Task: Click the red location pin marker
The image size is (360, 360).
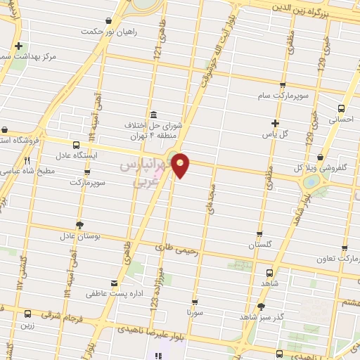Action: pyautogui.click(x=181, y=165)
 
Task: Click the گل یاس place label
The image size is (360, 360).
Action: pyautogui.click(x=275, y=133)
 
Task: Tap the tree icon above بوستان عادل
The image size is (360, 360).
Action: pyautogui.click(x=79, y=224)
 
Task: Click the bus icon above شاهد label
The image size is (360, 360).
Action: pyautogui.click(x=271, y=273)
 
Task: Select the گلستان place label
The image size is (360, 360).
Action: pyautogui.click(x=259, y=245)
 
